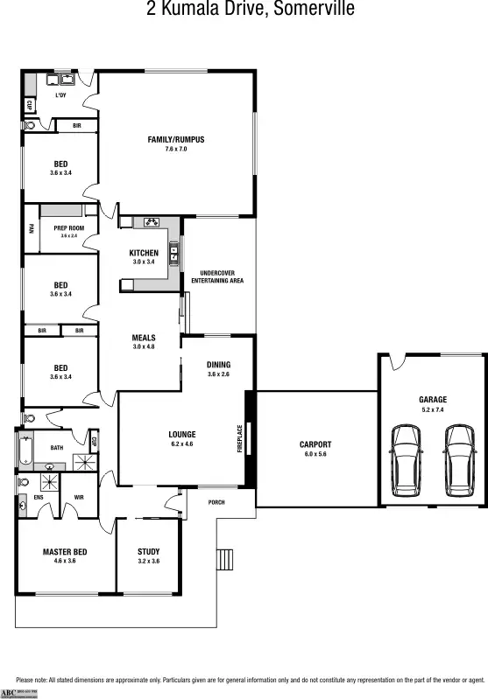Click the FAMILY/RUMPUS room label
[176, 139]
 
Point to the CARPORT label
[315, 444]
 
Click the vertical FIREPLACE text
[239, 437]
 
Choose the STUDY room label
[148, 551]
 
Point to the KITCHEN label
[144, 253]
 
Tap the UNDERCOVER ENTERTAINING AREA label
[217, 276]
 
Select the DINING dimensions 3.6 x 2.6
[218, 374]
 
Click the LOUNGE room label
[182, 434]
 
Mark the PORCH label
[217, 502]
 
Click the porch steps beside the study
[226, 557]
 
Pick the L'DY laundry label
[61, 94]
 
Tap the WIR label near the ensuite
[79, 497]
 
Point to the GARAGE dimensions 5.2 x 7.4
[432, 409]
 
